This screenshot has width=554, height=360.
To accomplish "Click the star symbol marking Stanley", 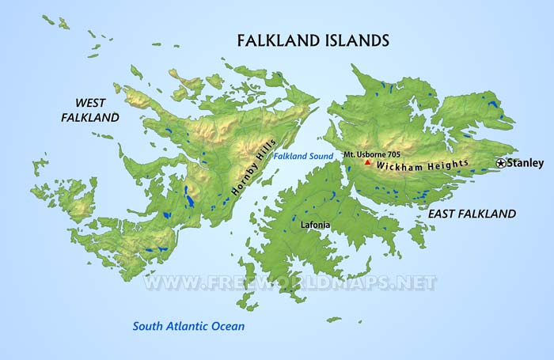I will coord(501,163).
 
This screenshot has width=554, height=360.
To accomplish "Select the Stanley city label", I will coord(526,163).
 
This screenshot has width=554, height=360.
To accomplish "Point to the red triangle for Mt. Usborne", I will coord(367,163).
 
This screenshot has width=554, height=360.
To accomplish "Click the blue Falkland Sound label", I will coord(303,157).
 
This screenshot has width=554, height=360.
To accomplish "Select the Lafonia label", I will coord(316,225).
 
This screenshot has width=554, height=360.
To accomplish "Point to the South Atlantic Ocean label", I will coord(188,326).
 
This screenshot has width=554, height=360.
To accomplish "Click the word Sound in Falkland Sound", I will coord(320,157).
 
